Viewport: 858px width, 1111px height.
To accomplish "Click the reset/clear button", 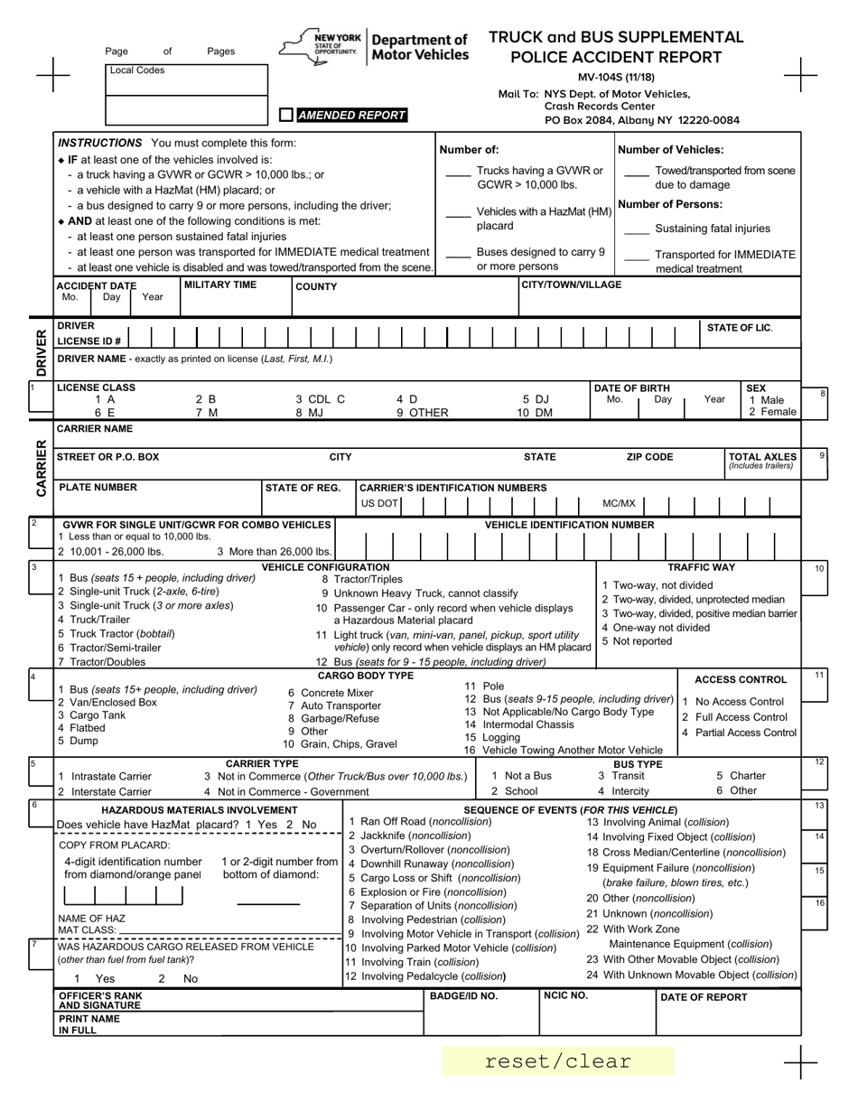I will (558, 1061).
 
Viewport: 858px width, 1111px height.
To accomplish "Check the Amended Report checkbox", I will (286, 115).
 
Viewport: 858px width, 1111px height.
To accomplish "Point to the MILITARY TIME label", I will (220, 285).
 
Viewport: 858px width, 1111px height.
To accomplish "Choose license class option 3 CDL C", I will (320, 398).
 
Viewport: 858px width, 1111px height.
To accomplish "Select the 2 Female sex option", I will (772, 412).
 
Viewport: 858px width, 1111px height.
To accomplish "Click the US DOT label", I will (379, 503).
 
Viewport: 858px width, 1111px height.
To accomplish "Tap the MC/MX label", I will (619, 503).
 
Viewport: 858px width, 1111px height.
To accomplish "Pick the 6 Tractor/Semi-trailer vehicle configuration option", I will (109, 648).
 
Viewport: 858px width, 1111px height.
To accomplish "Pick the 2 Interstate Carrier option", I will (104, 791).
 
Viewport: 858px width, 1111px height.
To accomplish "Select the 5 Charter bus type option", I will (741, 776).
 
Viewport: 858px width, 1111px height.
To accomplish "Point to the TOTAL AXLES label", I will (762, 457).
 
